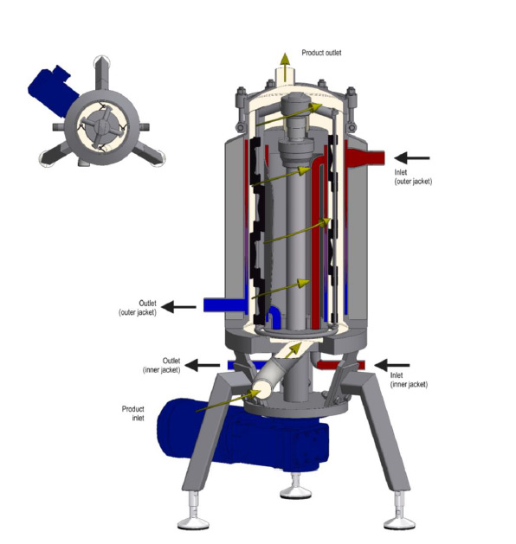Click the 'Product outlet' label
tap(321, 53)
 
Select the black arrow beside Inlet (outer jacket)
tap(412, 157)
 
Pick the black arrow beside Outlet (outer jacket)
tap(180, 305)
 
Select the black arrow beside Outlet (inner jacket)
tap(204, 365)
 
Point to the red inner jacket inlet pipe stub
tap(358, 365)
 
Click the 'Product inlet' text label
tap(133, 413)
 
